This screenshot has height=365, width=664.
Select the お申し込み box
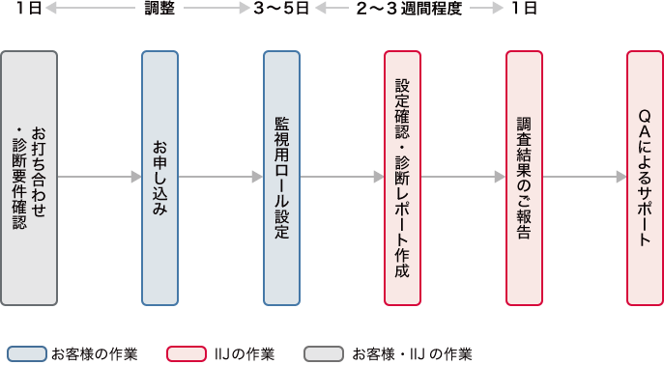pos(159,177)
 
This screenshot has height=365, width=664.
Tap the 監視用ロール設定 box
pos(281,177)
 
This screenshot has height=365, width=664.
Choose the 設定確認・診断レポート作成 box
pos(403,177)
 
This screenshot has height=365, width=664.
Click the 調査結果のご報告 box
pos(524,177)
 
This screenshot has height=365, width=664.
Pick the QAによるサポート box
pos(645,177)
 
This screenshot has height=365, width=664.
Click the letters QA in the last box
pos(645,121)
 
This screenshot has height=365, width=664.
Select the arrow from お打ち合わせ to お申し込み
pos(100,178)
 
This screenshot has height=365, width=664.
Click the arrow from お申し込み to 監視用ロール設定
pos(221,178)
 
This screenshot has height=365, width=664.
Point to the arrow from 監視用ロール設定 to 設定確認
pos(342,178)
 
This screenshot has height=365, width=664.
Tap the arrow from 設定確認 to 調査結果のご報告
pos(464,178)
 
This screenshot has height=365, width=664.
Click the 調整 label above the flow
pos(159,8)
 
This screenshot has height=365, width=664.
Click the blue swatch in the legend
pos(27,353)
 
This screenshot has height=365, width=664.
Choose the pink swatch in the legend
pos(187,353)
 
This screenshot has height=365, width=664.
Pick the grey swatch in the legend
pos(325,353)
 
